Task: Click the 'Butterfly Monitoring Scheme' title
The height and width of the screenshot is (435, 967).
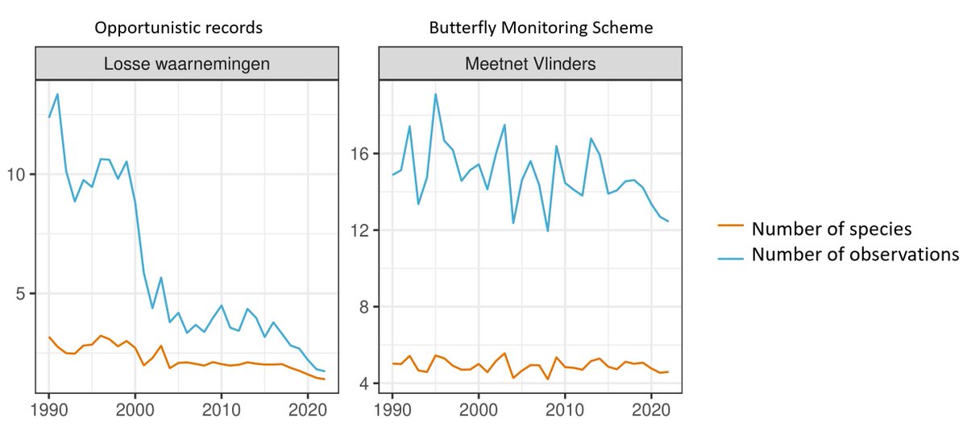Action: (x=529, y=28)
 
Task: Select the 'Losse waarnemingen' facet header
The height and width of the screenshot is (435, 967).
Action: (x=188, y=63)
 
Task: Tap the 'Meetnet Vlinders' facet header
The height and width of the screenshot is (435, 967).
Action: (x=530, y=63)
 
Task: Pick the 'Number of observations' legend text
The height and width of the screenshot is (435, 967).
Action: (x=855, y=255)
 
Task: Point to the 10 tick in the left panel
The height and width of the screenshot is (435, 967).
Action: (x=19, y=175)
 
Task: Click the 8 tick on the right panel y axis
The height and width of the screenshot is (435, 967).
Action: (x=364, y=307)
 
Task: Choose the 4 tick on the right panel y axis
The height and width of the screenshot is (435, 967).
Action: (x=364, y=383)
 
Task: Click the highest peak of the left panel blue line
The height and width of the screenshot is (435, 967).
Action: (x=57, y=94)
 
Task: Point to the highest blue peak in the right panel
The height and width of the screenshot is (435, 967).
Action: (x=435, y=94)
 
